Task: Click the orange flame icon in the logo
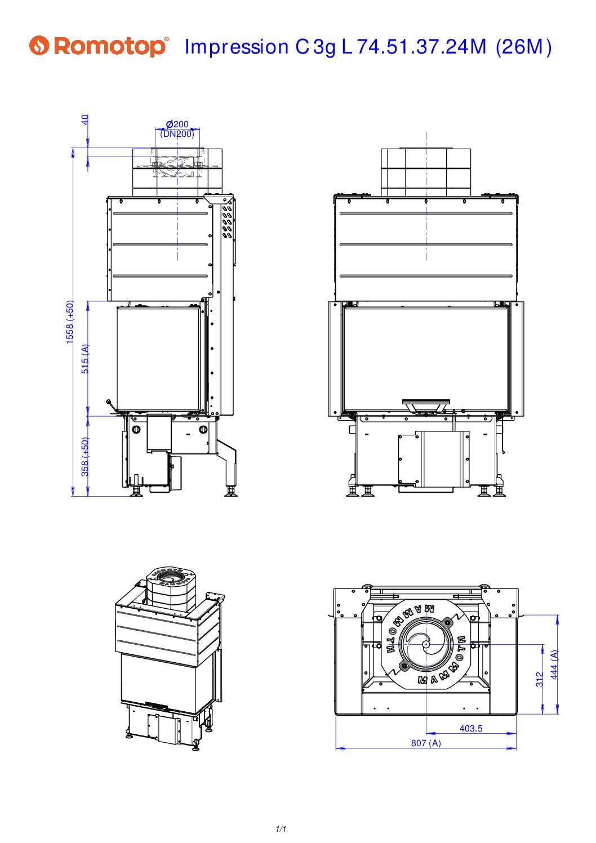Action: [39, 46]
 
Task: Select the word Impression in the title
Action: [237, 47]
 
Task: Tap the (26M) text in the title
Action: [523, 47]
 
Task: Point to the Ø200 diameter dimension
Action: [177, 124]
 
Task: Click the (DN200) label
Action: [177, 133]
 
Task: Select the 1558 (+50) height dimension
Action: [70, 322]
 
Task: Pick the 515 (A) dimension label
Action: [86, 359]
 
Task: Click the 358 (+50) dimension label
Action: [86, 457]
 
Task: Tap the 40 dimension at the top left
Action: [85, 120]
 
